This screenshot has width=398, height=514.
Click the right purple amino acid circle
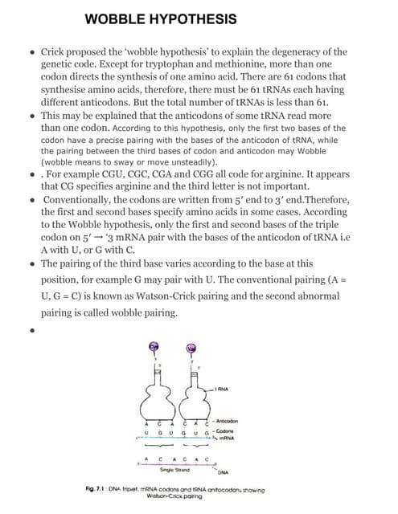click(x=191, y=348)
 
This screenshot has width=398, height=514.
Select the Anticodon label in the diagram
click(x=237, y=420)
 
